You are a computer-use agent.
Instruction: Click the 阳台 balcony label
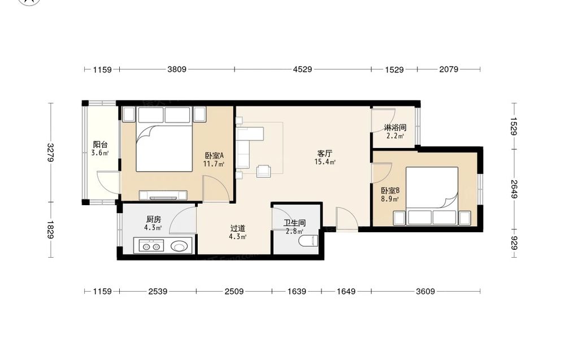(x=100, y=145)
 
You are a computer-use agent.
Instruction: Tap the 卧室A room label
(x=214, y=155)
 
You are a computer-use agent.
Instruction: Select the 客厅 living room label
(x=324, y=154)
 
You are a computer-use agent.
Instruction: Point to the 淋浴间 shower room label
(x=395, y=128)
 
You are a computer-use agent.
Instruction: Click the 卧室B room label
(x=390, y=190)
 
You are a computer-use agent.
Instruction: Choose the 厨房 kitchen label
(x=154, y=219)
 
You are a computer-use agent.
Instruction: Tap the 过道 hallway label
(x=237, y=228)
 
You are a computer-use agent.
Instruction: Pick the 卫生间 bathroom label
(x=294, y=223)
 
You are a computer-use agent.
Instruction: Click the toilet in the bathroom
(x=309, y=240)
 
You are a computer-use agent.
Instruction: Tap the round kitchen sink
(x=179, y=246)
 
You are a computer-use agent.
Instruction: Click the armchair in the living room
(x=264, y=171)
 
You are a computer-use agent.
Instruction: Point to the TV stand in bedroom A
(x=163, y=196)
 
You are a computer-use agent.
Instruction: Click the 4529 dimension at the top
(x=302, y=69)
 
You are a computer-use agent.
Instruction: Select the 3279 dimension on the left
(x=51, y=153)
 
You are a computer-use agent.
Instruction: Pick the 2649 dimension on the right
(x=514, y=189)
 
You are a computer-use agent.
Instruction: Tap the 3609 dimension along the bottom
(x=425, y=291)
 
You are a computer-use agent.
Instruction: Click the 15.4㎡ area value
(x=325, y=162)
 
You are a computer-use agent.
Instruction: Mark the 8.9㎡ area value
(x=390, y=199)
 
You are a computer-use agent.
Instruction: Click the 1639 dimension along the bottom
(x=297, y=291)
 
